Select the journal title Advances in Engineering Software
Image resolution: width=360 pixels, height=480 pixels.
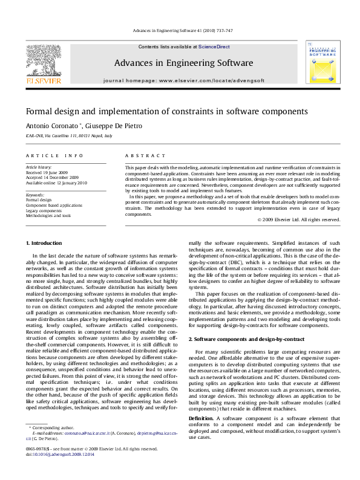click(183, 63)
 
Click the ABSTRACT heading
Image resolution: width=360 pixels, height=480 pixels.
click(139, 155)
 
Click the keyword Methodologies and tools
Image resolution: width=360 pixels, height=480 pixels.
click(48, 215)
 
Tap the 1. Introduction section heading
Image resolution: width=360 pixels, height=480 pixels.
click(45, 243)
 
